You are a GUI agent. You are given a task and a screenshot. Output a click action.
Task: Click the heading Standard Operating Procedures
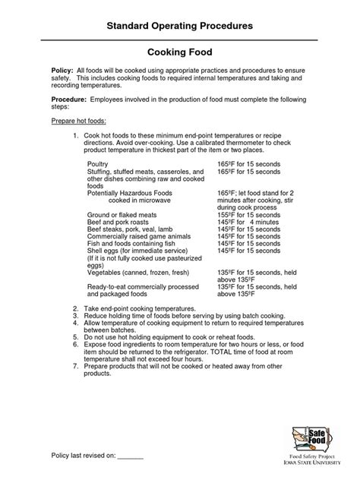pyautogui.click(x=180, y=26)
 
